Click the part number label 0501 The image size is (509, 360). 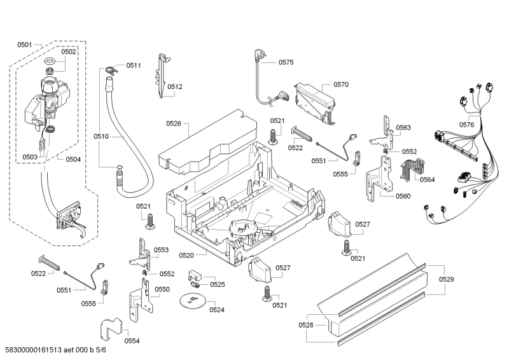[x=24, y=45]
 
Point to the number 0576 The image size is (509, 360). [x=466, y=125]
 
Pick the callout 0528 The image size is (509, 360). [x=306, y=325]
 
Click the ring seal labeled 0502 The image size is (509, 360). [x=51, y=62]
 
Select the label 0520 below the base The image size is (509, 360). [x=186, y=255]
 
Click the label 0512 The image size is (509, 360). [x=175, y=87]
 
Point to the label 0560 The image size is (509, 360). [x=403, y=196]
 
